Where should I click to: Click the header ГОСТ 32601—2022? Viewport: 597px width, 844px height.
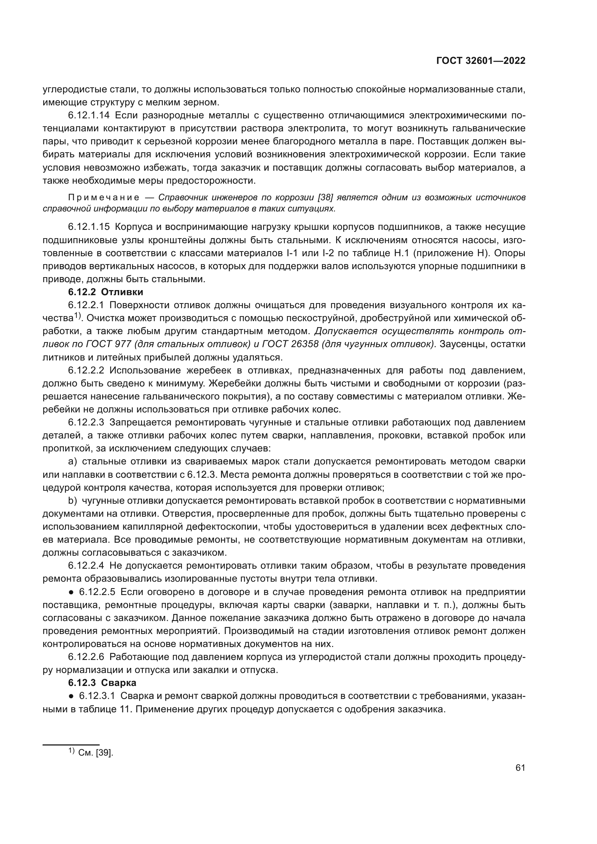pos(480,61)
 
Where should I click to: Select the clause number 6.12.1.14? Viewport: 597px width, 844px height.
pos(88,115)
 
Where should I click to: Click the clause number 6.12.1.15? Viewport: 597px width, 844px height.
pos(88,227)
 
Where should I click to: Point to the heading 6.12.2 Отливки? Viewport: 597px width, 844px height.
pos(105,292)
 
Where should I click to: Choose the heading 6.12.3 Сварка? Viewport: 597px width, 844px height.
pos(102,683)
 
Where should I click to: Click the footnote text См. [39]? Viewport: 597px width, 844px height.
pos(96,752)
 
